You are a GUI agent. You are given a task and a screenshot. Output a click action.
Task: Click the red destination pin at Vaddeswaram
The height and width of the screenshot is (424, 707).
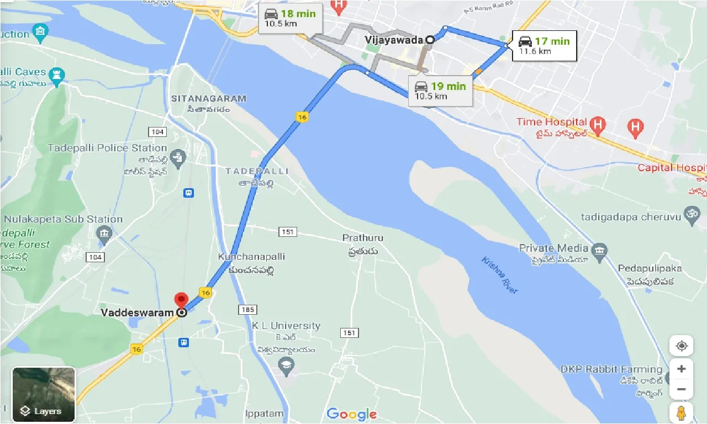[181, 301]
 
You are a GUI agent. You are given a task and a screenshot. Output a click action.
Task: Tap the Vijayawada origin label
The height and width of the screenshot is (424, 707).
[393, 40]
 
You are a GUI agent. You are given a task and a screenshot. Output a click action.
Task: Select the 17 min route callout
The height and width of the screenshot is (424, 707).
[544, 45]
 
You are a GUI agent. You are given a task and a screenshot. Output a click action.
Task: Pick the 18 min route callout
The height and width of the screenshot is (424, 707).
[290, 18]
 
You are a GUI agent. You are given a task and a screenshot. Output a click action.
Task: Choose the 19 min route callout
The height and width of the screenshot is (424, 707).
[441, 91]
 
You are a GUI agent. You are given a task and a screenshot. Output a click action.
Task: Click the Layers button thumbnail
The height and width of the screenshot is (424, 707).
[44, 394]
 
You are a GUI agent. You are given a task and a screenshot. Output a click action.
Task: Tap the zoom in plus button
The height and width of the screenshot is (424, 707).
[682, 369]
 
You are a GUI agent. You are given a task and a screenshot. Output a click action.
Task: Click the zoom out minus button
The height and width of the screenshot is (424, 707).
[682, 389]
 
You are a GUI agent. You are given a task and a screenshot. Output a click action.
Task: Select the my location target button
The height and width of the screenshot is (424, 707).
[682, 346]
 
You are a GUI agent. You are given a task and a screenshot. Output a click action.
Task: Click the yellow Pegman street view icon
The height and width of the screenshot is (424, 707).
[682, 413]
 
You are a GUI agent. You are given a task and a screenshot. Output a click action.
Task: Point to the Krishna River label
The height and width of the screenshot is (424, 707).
[500, 274]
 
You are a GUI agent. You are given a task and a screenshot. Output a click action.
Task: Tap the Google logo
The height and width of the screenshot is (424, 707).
[352, 414]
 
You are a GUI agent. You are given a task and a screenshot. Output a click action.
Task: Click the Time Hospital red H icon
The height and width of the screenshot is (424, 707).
[597, 125]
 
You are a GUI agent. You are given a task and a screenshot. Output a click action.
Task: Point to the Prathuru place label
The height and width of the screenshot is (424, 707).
[362, 238]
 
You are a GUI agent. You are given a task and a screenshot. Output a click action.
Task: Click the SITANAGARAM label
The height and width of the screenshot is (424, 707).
[209, 99]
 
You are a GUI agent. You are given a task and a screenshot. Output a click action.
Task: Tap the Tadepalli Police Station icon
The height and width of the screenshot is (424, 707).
[177, 158]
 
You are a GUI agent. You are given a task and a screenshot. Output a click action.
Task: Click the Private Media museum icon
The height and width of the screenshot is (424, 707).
[599, 252]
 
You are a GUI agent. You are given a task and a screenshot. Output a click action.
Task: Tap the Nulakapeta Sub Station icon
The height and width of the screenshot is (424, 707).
[103, 235]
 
